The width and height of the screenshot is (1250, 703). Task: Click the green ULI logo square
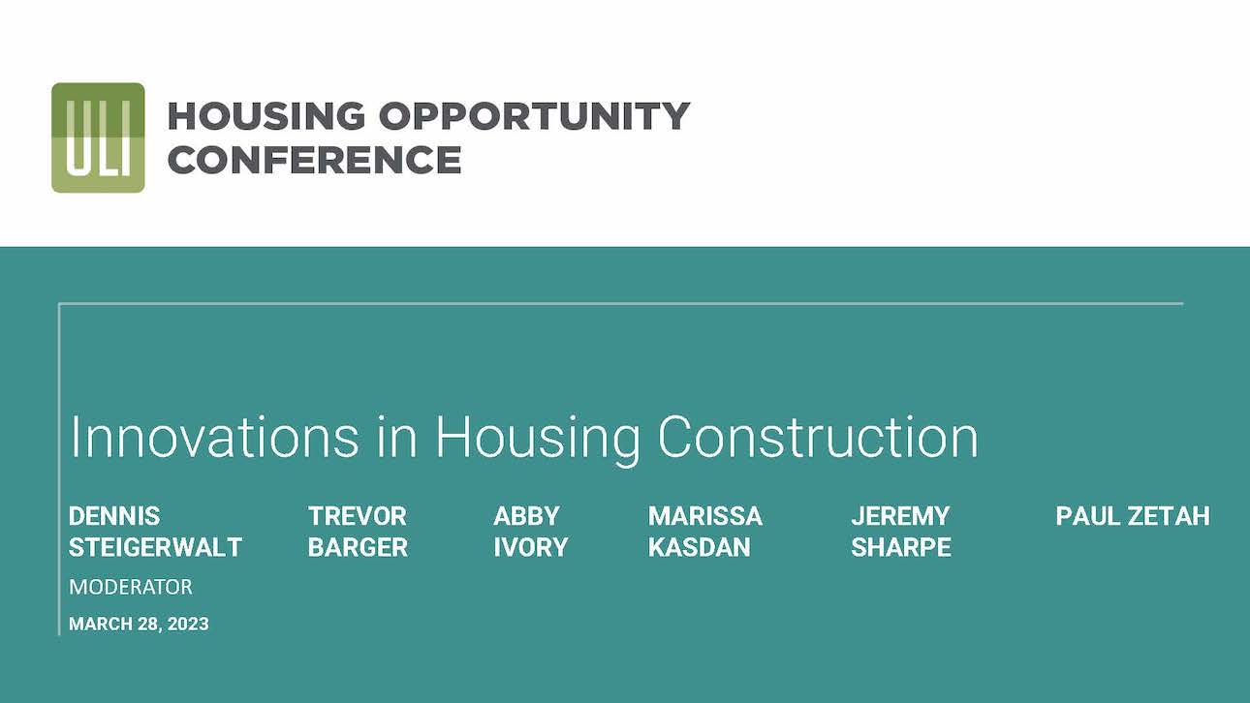(98, 138)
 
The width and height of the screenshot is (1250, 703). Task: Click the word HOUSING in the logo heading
(266, 116)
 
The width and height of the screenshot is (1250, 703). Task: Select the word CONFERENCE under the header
(314, 160)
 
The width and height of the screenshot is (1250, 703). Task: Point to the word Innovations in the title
(214, 438)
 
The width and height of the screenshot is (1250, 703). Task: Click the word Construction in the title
(818, 438)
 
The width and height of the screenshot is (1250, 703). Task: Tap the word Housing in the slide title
(538, 438)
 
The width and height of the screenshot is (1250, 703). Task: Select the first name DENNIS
(114, 516)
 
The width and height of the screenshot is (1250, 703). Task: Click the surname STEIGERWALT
(155, 547)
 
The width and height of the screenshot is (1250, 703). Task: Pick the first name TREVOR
(358, 516)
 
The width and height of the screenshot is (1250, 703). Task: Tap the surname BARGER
(358, 547)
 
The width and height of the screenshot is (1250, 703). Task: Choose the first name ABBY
(526, 516)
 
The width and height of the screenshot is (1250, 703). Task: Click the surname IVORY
(530, 547)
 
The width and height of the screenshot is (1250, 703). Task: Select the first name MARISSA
(705, 516)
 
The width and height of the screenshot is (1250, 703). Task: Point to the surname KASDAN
(699, 547)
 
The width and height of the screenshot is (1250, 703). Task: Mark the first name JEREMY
(900, 516)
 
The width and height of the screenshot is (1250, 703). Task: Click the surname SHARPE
(900, 547)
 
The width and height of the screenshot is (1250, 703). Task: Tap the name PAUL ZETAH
(1133, 516)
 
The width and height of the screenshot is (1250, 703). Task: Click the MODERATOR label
(131, 587)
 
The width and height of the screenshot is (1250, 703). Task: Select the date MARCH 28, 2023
(139, 624)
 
